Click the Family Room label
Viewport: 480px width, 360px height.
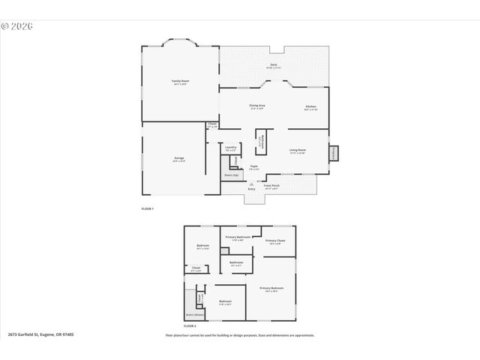click(180, 80)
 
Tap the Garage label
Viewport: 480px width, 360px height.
click(179, 158)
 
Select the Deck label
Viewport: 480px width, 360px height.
click(274, 65)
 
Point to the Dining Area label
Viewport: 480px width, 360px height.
click(257, 106)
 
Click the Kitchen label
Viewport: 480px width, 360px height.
click(310, 107)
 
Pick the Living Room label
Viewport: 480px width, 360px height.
click(298, 150)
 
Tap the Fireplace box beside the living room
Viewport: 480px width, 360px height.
click(334, 152)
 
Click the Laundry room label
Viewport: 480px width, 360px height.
click(231, 148)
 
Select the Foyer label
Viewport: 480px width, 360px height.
click(254, 166)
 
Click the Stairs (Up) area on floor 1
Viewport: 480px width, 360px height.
click(231, 175)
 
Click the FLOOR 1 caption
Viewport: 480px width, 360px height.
click(147, 208)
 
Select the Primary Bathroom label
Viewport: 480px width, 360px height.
click(238, 237)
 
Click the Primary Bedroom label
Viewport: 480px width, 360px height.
click(271, 288)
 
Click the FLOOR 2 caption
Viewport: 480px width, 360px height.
click(190, 326)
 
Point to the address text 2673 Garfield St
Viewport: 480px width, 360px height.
click(40, 334)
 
